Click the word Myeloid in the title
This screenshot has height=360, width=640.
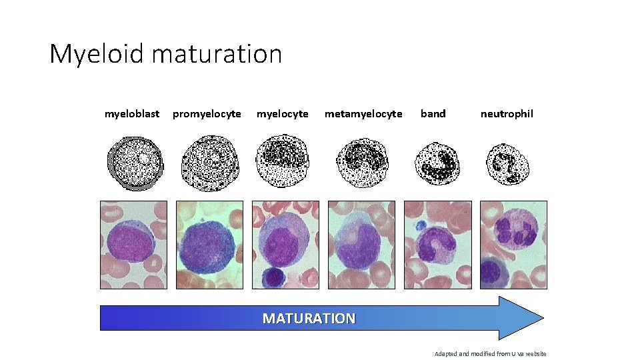[97, 54]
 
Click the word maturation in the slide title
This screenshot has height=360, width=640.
[217, 54]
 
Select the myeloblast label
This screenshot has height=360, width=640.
[132, 114]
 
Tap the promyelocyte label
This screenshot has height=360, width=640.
[207, 114]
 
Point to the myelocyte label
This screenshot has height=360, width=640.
[283, 114]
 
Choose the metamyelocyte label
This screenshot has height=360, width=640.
[363, 114]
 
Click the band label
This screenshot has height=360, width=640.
[433, 114]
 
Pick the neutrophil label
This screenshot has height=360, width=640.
[507, 114]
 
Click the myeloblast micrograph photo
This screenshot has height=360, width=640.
[133, 245]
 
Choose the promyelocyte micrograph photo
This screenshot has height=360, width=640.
[209, 245]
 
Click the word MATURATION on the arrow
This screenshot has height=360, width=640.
[309, 319]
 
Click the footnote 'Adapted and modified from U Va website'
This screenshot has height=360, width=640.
[490, 353]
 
